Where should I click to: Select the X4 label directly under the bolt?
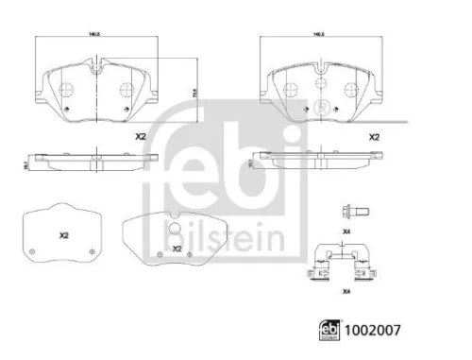346,231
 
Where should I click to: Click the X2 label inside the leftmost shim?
63,234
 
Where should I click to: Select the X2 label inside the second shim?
177,249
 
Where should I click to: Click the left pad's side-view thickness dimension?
28,163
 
